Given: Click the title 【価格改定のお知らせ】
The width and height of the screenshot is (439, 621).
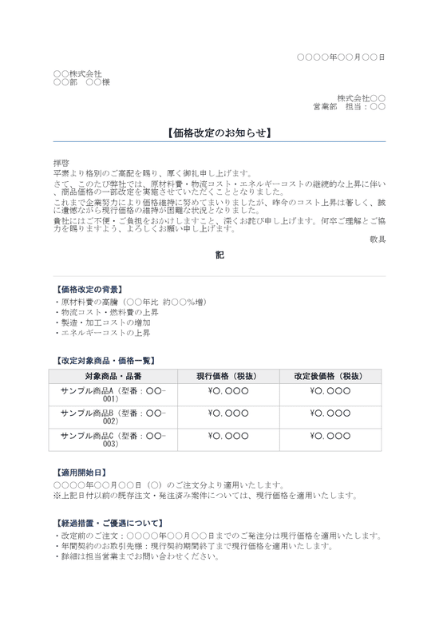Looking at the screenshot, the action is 219,133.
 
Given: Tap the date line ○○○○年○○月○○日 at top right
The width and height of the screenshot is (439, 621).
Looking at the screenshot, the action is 341,57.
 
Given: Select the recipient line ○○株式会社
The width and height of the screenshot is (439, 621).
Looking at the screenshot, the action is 77,74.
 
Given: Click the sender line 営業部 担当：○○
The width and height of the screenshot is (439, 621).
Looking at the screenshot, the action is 349,106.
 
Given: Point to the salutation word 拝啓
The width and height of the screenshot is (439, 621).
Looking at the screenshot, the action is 61,162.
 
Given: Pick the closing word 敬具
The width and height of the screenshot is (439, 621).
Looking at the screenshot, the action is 378,239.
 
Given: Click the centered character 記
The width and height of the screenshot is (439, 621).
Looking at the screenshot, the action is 219,255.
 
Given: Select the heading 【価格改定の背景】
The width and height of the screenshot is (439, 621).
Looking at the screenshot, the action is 88,289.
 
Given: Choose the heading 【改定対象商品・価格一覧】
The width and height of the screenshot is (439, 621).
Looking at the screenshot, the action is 105,361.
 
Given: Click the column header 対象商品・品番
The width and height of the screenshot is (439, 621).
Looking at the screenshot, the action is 113,376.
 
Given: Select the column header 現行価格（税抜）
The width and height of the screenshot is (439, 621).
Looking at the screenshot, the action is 228,376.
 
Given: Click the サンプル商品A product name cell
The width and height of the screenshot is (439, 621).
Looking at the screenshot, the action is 113,395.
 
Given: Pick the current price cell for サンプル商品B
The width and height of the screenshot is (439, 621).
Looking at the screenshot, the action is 228,413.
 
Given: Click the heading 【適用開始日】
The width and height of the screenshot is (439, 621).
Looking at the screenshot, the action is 80,473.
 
